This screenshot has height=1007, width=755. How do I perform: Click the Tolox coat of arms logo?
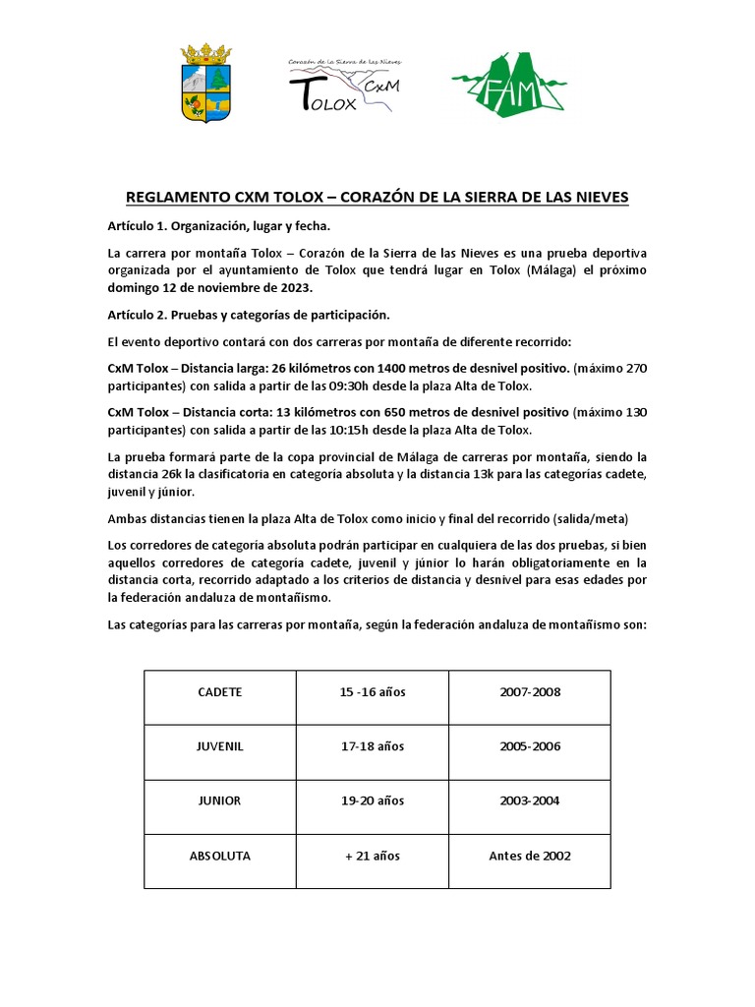pos(206,83)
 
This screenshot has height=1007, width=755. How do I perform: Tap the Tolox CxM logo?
pos(344,85)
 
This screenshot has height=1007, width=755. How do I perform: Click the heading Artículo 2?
pos(249,315)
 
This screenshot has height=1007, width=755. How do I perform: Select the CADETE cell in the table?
pos(220,692)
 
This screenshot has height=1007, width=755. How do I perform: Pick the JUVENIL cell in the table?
pos(220,746)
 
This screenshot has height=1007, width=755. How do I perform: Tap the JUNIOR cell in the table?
pos(220,800)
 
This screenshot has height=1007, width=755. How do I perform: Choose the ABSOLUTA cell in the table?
pos(220,856)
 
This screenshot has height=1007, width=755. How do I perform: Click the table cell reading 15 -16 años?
pos(373,692)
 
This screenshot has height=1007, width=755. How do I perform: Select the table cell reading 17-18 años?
pos(373,746)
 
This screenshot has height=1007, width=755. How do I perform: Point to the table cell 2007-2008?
pos(530,692)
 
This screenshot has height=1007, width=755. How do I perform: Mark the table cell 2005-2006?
pos(530,746)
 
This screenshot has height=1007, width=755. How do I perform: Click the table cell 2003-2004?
pos(530,800)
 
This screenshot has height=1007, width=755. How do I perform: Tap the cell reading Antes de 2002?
pos(530,856)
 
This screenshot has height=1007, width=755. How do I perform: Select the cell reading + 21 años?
pos(373,856)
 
